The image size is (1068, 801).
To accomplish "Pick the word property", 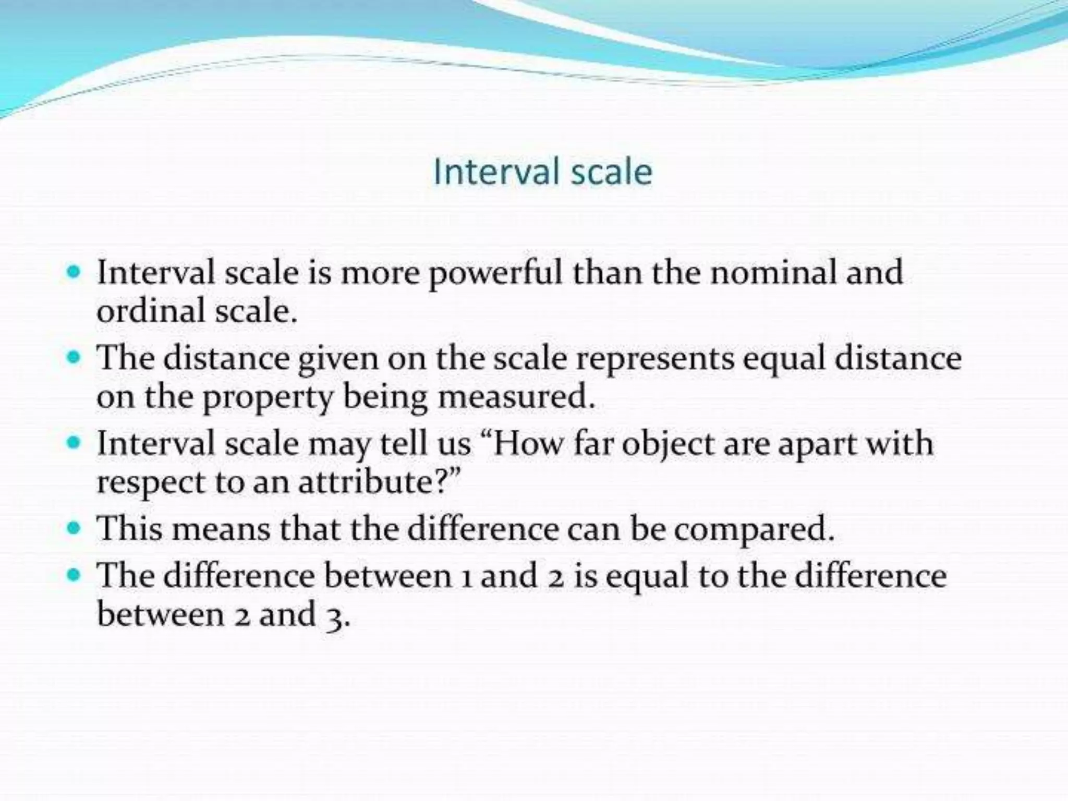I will (268, 399).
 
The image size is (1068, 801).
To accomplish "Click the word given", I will (338, 360).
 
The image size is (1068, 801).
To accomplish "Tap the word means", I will (221, 529).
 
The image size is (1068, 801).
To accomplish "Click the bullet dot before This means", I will (75, 528).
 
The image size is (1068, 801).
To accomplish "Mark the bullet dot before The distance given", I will (75, 358).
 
